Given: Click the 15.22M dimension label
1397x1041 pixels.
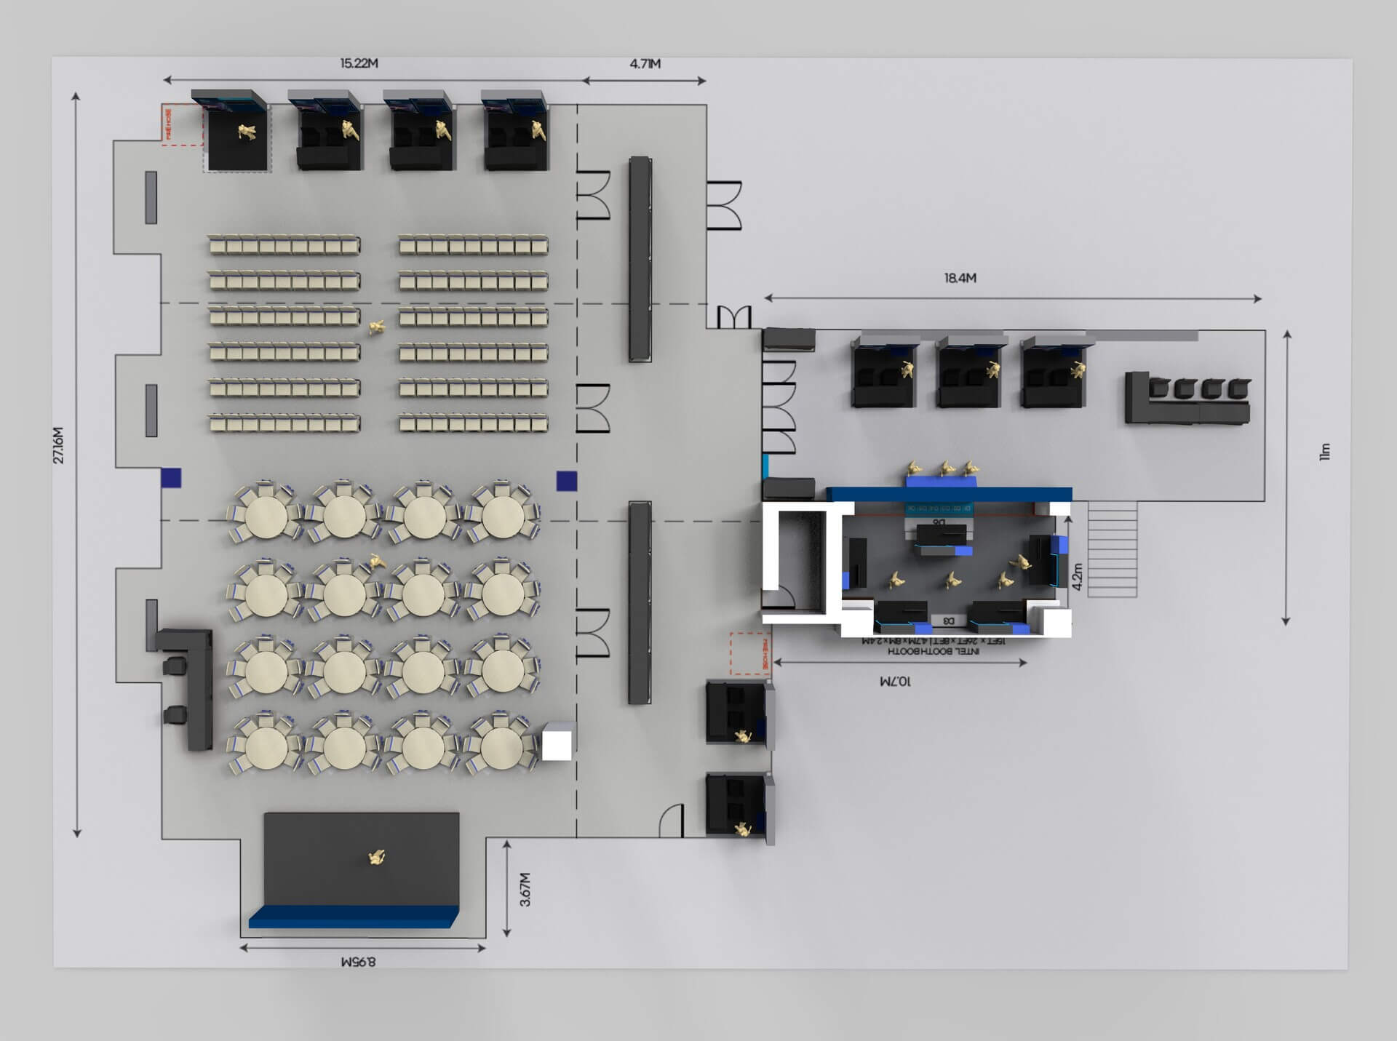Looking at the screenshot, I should tap(359, 63).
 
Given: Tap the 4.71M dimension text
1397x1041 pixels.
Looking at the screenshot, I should tap(645, 64).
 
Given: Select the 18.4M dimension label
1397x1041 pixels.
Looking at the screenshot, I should tap(960, 278).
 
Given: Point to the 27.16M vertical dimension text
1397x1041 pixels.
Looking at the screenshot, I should tap(59, 444).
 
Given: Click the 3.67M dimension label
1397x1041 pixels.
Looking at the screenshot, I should tap(525, 889).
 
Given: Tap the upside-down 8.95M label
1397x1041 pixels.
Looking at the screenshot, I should tap(359, 962).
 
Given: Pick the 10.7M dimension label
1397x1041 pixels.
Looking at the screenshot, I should tap(895, 681).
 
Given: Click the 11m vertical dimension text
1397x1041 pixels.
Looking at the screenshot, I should tap(1324, 452).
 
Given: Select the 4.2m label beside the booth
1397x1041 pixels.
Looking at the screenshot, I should tap(1078, 576).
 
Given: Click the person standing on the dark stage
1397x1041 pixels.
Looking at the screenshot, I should tap(376, 858).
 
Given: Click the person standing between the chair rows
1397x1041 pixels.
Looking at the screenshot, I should tap(377, 327).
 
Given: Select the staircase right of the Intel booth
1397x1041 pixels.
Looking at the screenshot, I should tap(1113, 549).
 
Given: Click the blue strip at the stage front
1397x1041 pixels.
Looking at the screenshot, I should tap(354, 917).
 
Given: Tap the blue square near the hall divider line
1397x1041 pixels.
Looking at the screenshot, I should tap(567, 481).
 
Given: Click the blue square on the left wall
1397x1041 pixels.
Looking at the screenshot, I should tap(171, 478).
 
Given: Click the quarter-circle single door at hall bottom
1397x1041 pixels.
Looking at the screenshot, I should tap(672, 821).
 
